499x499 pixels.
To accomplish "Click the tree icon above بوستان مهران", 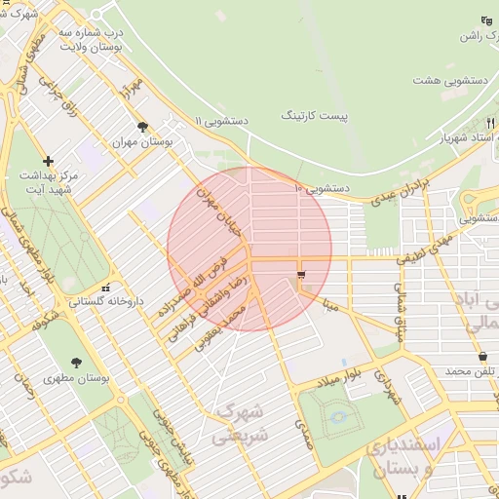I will point(143,127).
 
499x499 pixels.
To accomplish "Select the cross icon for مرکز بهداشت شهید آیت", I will point(49,161).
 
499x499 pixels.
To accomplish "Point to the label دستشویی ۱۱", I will point(222,121).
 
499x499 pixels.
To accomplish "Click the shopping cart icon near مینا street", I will point(300,275).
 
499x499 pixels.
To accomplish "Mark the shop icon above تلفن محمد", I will point(483,357).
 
